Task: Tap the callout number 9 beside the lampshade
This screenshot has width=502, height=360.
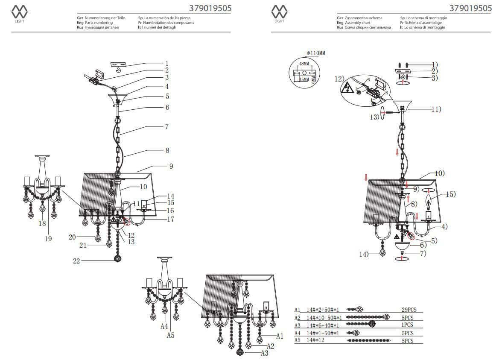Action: [171, 166]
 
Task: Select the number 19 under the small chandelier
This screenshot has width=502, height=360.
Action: [48, 239]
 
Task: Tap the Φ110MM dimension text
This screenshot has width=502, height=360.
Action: [315, 53]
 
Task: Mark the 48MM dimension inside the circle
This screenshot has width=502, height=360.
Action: [304, 63]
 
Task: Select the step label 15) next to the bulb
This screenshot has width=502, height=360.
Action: [450, 194]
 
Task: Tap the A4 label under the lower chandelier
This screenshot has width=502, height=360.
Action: [164, 326]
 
